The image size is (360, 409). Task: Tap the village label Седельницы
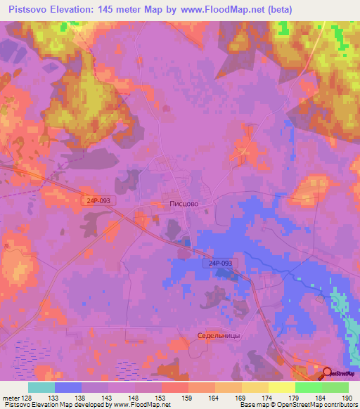219,335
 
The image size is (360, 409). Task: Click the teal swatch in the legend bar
41,387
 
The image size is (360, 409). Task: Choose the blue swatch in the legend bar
68,387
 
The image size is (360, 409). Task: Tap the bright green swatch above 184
308,387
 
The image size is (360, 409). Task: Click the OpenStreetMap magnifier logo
326,372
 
